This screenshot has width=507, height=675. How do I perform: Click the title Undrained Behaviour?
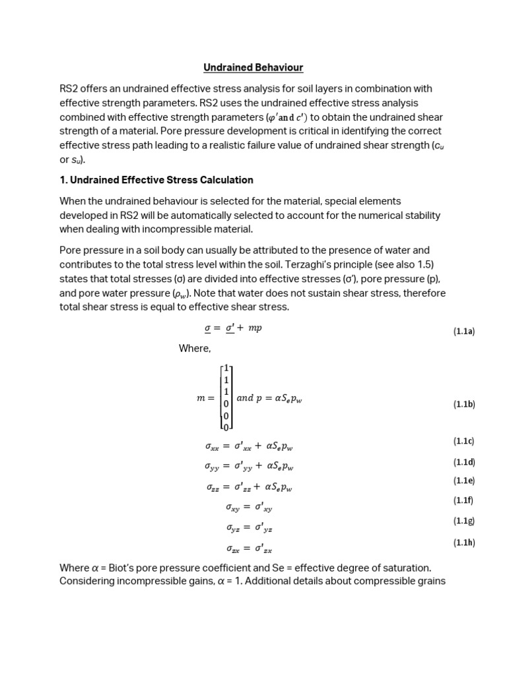[253, 67]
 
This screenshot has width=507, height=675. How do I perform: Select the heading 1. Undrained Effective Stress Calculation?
[156, 180]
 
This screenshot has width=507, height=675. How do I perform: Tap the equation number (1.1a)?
[463, 332]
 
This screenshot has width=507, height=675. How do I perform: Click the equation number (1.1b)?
[463, 404]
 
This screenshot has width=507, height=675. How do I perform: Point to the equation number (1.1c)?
[463, 441]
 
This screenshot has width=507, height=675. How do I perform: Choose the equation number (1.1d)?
[463, 461]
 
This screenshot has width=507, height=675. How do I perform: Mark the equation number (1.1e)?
[463, 481]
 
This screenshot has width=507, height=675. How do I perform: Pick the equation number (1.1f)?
[463, 500]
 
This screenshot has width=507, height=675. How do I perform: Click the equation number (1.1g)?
[463, 521]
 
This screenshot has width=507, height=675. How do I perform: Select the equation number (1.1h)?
[463, 543]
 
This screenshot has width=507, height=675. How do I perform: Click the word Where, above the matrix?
[195, 349]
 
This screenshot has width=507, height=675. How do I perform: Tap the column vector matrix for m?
[226, 397]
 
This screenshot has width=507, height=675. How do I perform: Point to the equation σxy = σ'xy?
[249, 508]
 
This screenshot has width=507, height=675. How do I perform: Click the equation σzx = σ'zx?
[249, 548]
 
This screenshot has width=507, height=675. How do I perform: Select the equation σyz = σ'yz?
[249, 528]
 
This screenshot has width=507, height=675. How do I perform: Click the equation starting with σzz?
[249, 488]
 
